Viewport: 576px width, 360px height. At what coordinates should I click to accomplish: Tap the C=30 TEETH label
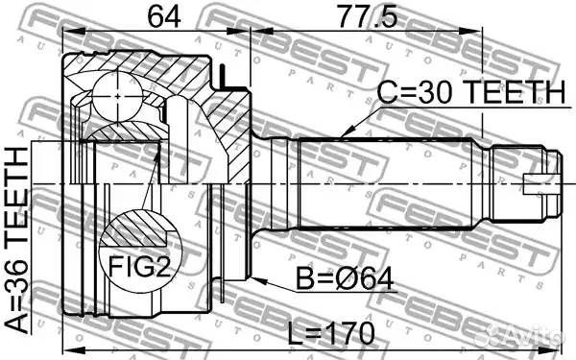pos(468,92)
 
